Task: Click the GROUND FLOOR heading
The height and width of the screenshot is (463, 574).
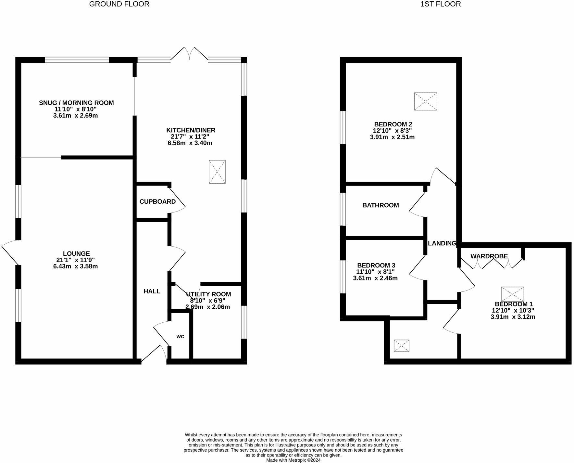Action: coord(119,4)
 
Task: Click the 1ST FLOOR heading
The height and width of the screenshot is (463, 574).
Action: coord(440,4)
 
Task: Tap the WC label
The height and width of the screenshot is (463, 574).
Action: coord(180,337)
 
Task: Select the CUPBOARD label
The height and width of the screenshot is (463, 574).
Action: coord(157,202)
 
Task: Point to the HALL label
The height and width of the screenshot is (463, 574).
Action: coord(152,291)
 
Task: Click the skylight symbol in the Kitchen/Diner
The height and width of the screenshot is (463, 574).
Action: coord(217,172)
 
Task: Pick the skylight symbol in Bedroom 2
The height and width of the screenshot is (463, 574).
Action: coord(426,101)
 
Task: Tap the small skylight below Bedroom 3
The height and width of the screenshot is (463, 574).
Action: coord(401,346)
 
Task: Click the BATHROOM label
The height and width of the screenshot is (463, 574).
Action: coord(381,205)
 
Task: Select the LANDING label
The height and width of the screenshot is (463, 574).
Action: coord(442,243)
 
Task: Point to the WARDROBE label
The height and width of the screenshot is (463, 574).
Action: coord(489,256)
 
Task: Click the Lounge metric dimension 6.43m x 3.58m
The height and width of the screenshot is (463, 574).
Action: coord(76,266)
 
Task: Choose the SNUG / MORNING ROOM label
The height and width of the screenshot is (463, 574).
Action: coord(76,103)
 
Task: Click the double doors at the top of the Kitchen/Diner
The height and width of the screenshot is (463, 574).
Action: coord(189,54)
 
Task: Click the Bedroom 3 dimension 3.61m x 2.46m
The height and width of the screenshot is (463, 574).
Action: coord(375,278)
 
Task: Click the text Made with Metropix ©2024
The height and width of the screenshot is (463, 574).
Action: coord(293,460)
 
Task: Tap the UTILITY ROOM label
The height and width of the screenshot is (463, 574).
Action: coord(208,294)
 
